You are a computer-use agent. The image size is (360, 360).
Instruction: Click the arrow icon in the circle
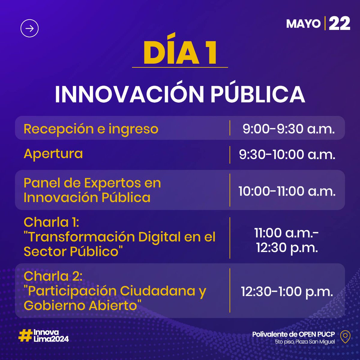tap(29, 28)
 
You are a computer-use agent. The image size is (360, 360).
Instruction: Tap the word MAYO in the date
tap(303, 24)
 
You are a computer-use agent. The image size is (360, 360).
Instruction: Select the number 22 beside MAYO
tap(340, 23)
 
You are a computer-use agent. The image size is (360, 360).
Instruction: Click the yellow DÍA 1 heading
tap(180, 53)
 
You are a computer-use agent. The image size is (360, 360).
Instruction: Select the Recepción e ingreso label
tap(91, 129)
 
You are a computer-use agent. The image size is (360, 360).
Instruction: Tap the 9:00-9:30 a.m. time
tap(288, 129)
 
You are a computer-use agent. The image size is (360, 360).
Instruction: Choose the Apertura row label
tap(53, 154)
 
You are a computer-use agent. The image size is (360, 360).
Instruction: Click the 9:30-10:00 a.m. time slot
tap(287, 155)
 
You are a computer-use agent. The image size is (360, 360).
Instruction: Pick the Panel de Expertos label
tap(92, 183)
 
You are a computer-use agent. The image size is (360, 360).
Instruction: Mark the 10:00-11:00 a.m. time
tap(287, 191)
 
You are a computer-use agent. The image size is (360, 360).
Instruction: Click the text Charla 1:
tap(51, 222)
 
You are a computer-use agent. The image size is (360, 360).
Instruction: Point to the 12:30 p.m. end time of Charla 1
tap(287, 248)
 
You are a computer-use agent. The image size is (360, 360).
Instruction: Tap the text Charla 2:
tap(53, 276)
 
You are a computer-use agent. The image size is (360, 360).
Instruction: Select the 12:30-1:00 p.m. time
tap(287, 292)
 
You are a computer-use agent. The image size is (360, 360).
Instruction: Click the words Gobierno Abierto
tap(80, 306)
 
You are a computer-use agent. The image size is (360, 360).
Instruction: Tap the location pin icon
tap(346, 337)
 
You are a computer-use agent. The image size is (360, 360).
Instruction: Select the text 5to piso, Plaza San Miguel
tap(304, 342)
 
